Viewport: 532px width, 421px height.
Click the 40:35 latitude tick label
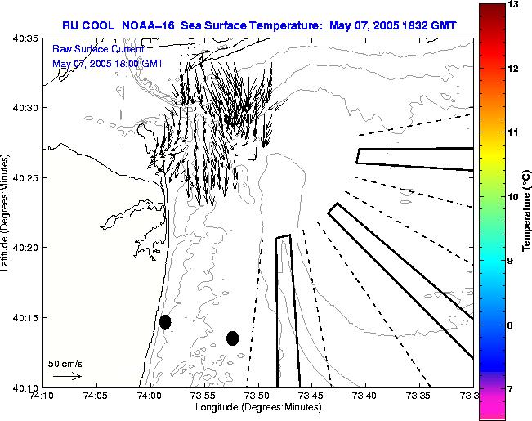26,38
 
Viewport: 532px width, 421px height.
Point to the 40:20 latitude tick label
26,248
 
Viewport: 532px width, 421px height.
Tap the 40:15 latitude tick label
26,317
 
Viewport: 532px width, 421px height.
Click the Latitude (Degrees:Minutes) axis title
6,210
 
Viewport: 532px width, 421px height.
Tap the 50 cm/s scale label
65,363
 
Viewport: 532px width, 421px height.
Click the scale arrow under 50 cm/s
66,376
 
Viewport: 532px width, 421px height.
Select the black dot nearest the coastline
165,321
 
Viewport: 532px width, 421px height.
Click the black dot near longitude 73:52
232,338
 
